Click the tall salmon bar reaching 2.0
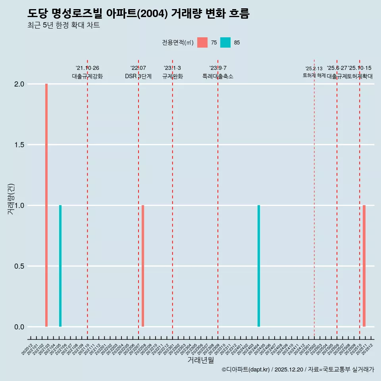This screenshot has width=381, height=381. [x=46, y=205]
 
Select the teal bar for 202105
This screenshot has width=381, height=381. [x=60, y=266]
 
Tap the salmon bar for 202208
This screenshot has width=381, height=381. [x=143, y=266]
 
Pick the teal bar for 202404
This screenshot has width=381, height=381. [x=259, y=266]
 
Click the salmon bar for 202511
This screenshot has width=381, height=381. [x=364, y=266]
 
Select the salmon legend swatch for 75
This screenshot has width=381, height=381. [x=202, y=42]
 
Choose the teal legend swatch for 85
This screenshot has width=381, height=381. [x=225, y=42]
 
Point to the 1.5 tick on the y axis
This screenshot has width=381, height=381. [x=19, y=145]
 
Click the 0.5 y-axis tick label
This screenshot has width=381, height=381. [x=19, y=266]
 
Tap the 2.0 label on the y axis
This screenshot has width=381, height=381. [x=19, y=84]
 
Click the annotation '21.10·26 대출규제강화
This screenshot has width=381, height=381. [x=87, y=72]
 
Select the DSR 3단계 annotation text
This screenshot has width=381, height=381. [x=138, y=76]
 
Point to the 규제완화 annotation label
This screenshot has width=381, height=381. [x=172, y=76]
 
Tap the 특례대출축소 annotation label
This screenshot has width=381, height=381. [x=218, y=76]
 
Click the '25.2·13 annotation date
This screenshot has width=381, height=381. [x=314, y=69]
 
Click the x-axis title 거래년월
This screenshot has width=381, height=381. [x=200, y=360]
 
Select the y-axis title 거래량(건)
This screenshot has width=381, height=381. [x=11, y=199]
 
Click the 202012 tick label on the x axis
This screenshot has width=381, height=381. [x=27, y=350]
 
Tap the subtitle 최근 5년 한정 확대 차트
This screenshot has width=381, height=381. [x=63, y=25]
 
